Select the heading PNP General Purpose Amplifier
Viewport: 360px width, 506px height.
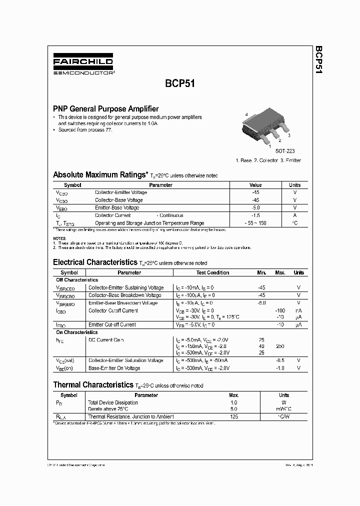click(x=106, y=108)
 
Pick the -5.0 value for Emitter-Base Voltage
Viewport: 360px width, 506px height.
click(x=255, y=207)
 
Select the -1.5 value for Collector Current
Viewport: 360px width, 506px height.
click(x=255, y=215)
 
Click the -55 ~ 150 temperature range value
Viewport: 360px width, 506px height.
click(x=255, y=223)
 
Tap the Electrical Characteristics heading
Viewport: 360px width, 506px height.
click(x=94, y=262)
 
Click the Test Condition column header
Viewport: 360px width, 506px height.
click(x=212, y=272)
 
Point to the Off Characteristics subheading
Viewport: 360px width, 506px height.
click(x=77, y=280)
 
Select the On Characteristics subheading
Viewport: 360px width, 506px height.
click(x=76, y=332)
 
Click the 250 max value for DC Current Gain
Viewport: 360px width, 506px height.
click(x=280, y=346)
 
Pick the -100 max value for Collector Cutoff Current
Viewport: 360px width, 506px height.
click(x=280, y=310)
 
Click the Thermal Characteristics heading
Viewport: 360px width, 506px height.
click(x=93, y=385)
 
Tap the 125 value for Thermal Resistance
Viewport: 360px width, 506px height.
click(x=233, y=416)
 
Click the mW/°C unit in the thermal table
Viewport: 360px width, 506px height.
click(x=284, y=408)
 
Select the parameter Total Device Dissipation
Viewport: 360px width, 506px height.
click(x=112, y=402)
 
